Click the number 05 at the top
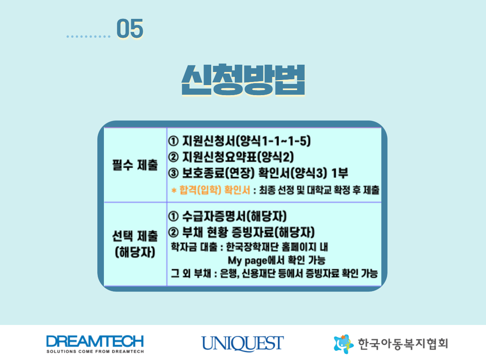130,28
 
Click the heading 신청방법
243,80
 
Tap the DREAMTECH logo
95,344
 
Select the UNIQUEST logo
242,343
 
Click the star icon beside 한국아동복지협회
343,344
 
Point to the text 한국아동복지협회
403,344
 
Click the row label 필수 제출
135,165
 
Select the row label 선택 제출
135,236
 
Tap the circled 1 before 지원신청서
173,141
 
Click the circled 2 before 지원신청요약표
173,157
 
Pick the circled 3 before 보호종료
173,173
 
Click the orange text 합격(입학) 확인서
215,190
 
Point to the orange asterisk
174,190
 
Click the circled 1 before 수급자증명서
173,216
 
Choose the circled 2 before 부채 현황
173,233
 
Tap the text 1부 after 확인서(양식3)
340,173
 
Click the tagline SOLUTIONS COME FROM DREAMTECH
95,351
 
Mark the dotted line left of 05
88,37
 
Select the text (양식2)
275,157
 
